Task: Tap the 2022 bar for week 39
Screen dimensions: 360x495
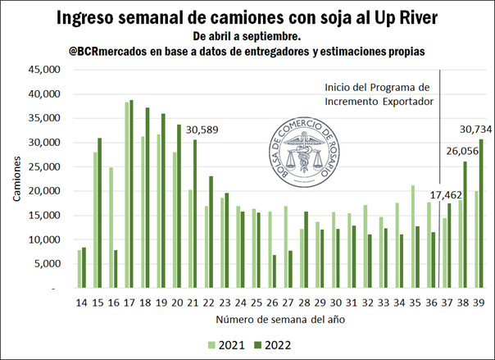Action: pyautogui.click(x=482, y=214)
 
